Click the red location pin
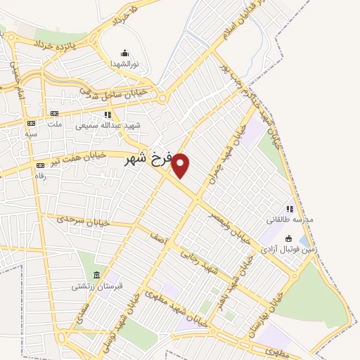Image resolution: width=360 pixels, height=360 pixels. (181, 165)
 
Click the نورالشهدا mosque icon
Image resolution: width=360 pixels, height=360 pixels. (125, 53)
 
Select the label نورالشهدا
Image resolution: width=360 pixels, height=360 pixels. (125, 64)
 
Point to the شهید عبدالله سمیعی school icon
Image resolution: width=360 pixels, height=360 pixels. (108, 115)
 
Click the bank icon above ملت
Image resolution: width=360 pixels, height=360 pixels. (53, 114)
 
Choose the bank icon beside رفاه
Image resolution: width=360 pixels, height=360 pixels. (39, 166)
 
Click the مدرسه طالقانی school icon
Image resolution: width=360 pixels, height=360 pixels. (289, 209)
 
